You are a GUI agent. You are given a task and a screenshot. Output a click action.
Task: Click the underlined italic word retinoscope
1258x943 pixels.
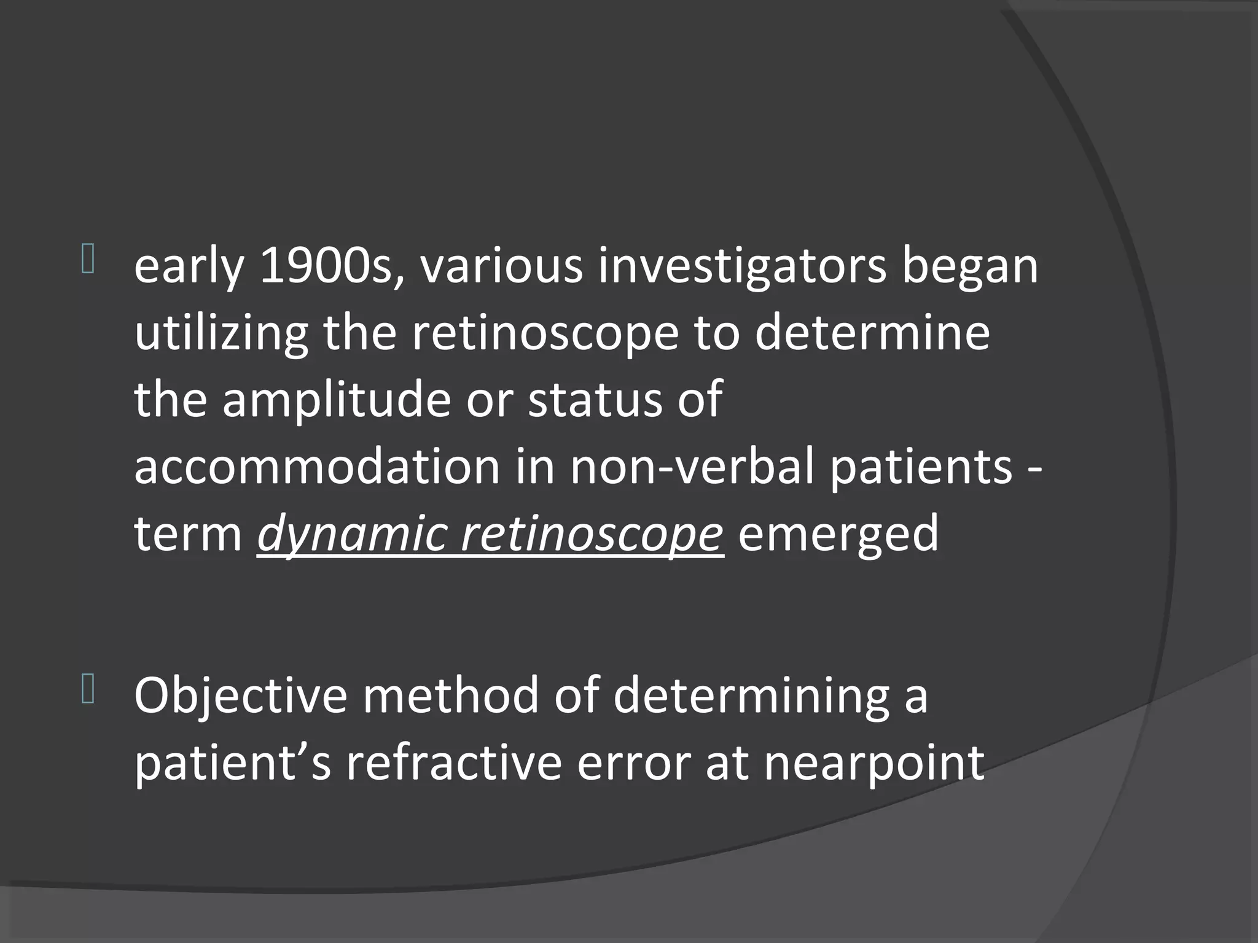[x=592, y=534]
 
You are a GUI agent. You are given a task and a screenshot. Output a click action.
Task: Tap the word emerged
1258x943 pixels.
[x=838, y=534]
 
